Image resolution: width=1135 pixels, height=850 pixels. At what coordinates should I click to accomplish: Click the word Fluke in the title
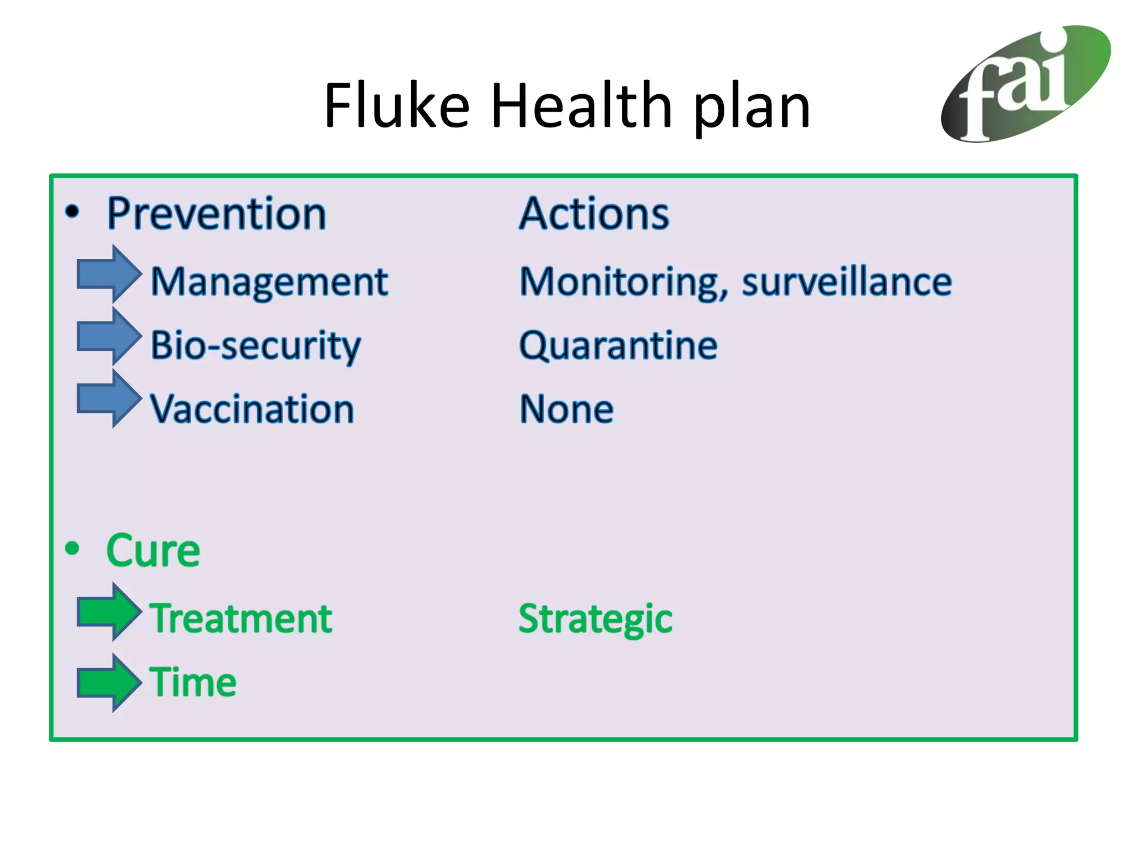pos(396,105)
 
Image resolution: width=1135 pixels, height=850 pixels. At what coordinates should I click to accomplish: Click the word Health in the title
pos(582,105)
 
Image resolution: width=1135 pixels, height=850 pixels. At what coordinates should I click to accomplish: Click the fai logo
pos(1025,83)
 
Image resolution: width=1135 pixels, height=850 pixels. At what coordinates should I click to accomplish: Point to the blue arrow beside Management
pos(108,274)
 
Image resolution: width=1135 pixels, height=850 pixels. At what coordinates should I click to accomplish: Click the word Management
pos(269,283)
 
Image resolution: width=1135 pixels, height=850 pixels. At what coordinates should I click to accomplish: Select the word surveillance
pos(847,283)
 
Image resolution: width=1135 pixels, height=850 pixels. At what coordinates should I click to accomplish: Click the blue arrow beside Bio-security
pos(108,336)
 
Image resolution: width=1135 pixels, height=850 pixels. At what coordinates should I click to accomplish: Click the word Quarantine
pos(618,345)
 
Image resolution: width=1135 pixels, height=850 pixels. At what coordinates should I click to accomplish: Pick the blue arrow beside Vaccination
pos(108,399)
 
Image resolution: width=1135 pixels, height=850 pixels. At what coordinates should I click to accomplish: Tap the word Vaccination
pos(252,409)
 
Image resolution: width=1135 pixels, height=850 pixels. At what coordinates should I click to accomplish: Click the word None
pos(566,409)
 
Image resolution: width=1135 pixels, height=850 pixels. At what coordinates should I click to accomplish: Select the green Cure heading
pos(153,551)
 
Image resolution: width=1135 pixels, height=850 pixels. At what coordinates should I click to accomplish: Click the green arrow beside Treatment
pos(108,612)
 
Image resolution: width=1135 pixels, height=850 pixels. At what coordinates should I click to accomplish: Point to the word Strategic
pos(595,619)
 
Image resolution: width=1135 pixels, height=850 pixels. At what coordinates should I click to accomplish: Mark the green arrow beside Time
pos(108,683)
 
